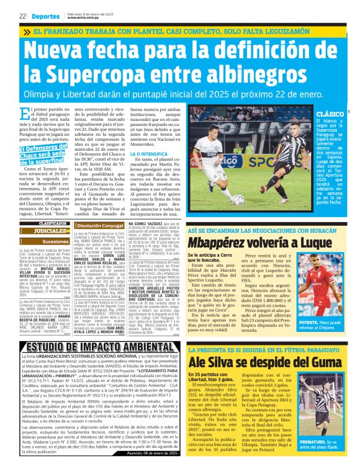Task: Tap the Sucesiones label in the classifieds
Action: click(x=56, y=241)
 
